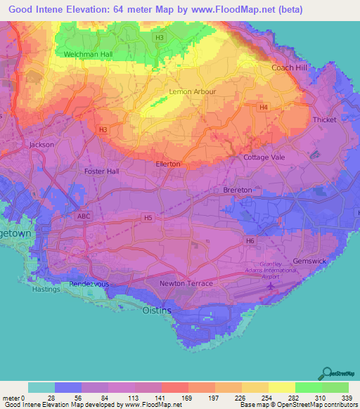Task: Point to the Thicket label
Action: click(x=325, y=119)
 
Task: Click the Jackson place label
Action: click(x=41, y=145)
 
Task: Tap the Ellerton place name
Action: click(x=168, y=164)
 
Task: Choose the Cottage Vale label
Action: click(x=264, y=157)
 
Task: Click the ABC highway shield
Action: click(x=84, y=216)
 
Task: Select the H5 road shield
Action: click(x=148, y=219)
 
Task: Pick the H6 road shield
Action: click(x=250, y=241)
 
